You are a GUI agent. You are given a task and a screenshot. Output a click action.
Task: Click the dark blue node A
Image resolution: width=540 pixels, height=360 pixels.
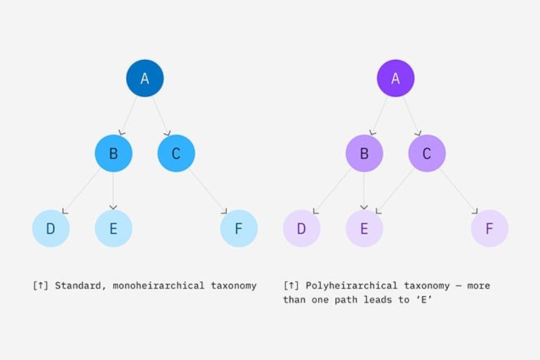click(144, 78)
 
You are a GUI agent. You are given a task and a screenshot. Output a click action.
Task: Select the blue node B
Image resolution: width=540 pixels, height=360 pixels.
click(113, 153)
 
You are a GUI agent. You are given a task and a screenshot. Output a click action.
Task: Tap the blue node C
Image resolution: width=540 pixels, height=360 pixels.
click(176, 153)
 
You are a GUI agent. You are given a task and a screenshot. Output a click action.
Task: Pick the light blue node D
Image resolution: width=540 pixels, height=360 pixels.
click(51, 228)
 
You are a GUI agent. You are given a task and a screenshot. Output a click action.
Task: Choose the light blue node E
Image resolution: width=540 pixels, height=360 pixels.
click(113, 228)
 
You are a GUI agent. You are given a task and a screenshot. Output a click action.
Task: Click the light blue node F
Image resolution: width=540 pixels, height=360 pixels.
click(239, 228)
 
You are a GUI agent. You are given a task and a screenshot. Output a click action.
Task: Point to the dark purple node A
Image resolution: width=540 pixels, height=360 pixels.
click(396, 78)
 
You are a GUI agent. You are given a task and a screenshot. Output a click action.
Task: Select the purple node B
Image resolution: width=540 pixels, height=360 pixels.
click(364, 153)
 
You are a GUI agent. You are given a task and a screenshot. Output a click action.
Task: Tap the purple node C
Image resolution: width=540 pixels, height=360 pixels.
click(427, 153)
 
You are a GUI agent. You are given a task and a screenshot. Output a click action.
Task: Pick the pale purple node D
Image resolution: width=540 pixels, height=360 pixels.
click(301, 228)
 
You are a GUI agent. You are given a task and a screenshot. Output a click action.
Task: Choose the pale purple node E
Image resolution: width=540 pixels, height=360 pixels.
click(364, 228)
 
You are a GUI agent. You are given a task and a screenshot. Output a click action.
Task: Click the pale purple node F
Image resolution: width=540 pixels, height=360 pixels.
click(489, 228)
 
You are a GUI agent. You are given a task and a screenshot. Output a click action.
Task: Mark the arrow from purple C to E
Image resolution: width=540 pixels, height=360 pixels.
click(396, 190)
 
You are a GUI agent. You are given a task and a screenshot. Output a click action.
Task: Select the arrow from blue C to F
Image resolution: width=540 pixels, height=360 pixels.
click(208, 190)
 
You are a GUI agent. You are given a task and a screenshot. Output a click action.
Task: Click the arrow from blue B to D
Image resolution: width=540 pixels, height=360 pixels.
click(82, 190)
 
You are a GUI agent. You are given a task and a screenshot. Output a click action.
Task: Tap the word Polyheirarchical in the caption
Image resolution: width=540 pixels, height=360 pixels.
click(352, 286)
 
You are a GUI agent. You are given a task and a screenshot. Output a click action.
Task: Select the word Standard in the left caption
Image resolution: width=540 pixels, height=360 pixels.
click(78, 286)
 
